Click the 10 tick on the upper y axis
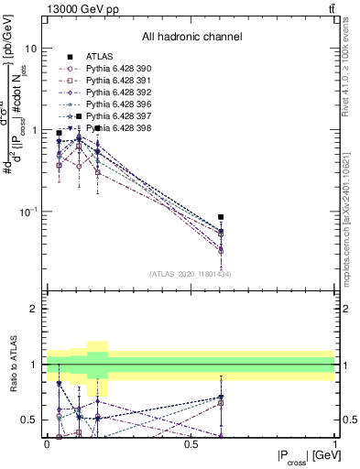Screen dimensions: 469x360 point(34,48)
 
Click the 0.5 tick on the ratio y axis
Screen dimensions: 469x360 point(32,420)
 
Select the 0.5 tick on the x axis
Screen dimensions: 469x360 point(191,444)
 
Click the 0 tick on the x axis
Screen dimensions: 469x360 point(47,444)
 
